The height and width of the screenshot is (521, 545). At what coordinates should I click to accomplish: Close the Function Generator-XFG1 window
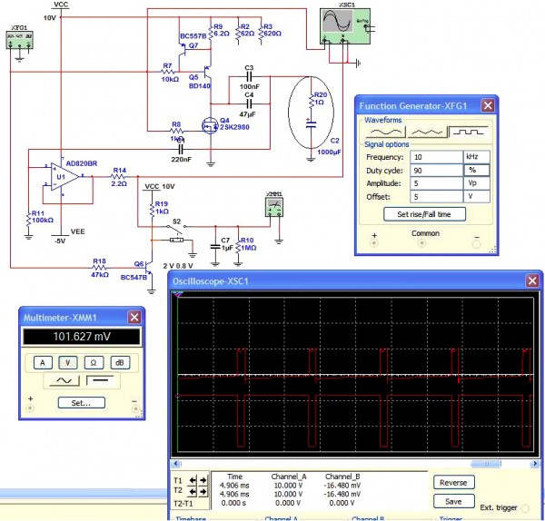click(x=487, y=105)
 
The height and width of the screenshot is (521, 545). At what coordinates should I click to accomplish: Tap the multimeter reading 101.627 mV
click(x=80, y=337)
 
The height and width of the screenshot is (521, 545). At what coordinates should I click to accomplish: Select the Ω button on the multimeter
click(x=92, y=361)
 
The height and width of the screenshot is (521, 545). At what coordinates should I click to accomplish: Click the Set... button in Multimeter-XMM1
click(x=80, y=402)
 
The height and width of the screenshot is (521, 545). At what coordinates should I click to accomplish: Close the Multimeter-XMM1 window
click(x=134, y=317)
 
